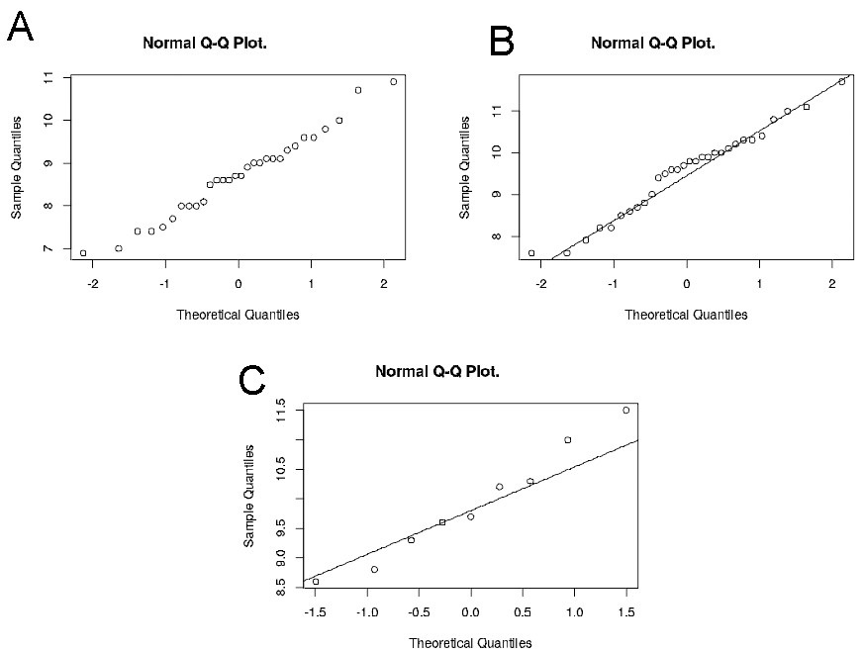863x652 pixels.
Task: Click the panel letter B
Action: pos(503,42)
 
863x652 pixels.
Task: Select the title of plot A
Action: pos(205,44)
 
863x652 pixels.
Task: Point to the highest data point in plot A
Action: pos(394,82)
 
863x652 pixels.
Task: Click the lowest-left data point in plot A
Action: pos(83,253)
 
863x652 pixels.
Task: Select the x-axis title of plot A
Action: pos(238,315)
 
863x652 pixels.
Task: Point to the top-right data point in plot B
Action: pos(842,82)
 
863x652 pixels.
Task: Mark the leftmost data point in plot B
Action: pos(531,253)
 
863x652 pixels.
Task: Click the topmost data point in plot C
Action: pos(625,410)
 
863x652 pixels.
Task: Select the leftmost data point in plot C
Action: pos(316,581)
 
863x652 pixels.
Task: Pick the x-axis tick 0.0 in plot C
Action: pos(470,610)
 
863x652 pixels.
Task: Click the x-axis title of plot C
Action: pos(470,642)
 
